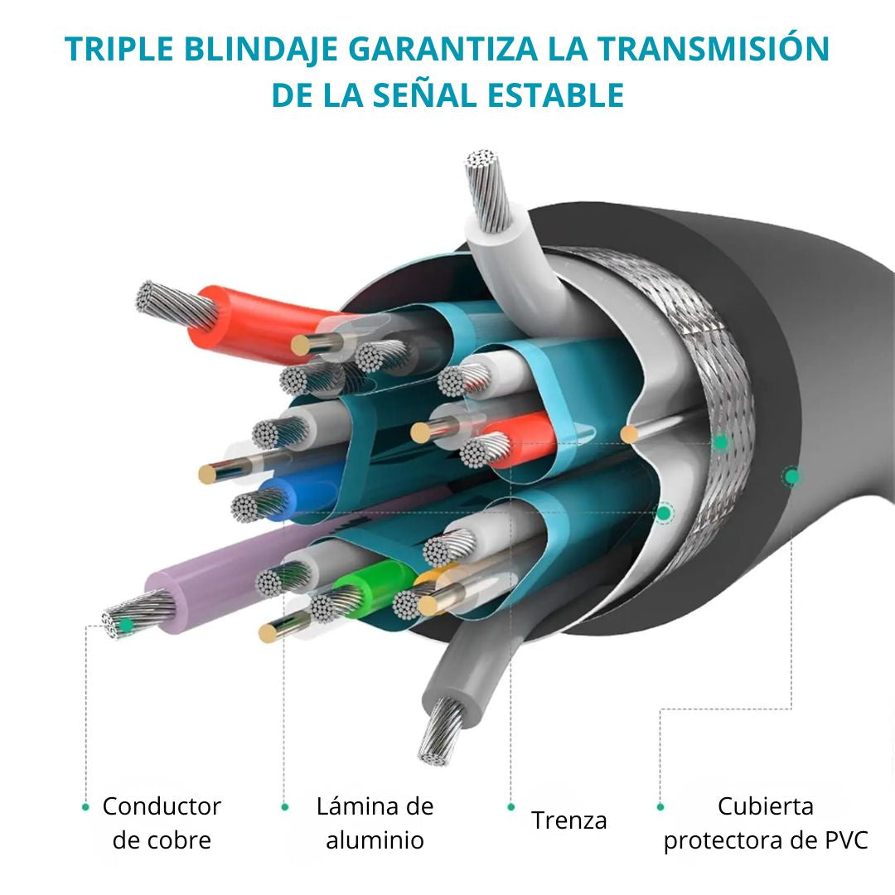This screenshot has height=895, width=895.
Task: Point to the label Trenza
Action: (569, 820)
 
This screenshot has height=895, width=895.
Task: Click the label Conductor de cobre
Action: (162, 823)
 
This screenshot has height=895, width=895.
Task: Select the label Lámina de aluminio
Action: (375, 823)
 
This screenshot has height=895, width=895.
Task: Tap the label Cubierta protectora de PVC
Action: (766, 823)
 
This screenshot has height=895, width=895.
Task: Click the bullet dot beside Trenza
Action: (511, 807)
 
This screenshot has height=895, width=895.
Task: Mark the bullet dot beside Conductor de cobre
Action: (85, 807)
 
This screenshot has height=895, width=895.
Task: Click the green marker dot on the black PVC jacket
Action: (791, 476)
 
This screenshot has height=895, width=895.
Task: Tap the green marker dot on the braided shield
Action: (720, 443)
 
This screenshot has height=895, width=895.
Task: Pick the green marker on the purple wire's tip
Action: (126, 626)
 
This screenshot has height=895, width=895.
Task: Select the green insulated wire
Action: (371, 588)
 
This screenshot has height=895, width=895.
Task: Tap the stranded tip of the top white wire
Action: (486, 188)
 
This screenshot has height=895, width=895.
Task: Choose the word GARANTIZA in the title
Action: (443, 49)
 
